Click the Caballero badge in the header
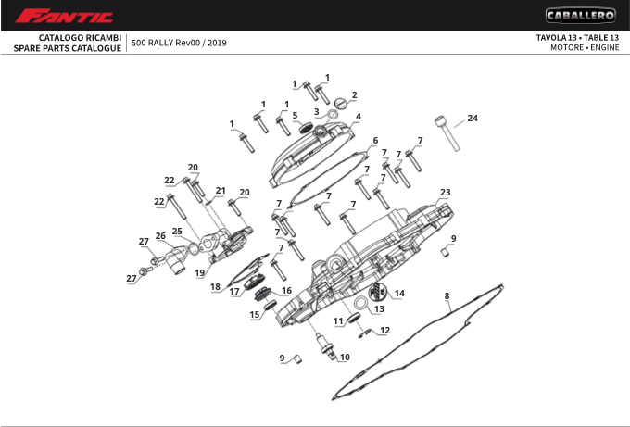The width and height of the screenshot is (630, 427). point(580,15)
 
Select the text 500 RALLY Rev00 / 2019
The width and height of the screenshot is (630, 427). point(179,43)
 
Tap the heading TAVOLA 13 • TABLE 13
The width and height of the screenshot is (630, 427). point(577,37)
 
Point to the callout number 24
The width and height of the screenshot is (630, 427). point(472,119)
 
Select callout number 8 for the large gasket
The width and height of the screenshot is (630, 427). point(447,296)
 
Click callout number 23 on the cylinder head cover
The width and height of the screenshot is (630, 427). point(445,193)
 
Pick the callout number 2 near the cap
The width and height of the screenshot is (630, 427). point(354,94)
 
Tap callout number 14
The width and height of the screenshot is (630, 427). point(399,294)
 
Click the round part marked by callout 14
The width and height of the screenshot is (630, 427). point(378,295)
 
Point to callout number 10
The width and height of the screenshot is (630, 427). point(345,357)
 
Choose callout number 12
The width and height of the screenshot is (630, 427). point(384,330)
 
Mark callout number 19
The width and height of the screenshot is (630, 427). point(199,273)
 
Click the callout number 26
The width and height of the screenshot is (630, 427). point(160,236)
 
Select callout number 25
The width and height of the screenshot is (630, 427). point(176,231)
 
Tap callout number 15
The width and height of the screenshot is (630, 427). point(255,314)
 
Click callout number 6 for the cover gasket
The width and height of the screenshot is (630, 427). point(375,141)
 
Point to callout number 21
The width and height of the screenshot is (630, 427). point(220,191)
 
